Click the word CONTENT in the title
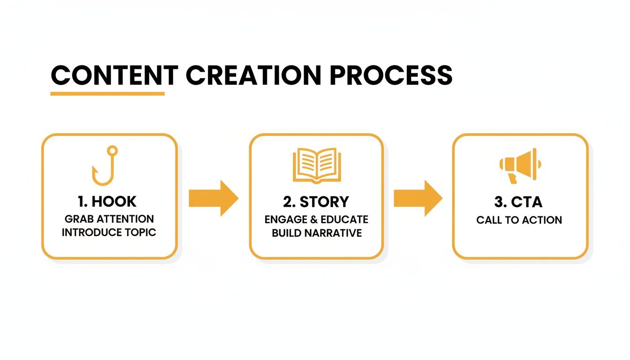114,75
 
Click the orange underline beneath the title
107,94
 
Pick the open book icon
316,165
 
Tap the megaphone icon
520,165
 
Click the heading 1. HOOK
107,202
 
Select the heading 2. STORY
316,202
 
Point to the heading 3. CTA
519,202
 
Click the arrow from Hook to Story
213,199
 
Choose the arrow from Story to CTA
418,199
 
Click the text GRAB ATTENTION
109,219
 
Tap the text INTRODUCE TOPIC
109,232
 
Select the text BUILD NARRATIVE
317,233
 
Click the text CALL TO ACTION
519,220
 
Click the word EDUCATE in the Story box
345,219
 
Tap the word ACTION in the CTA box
544,220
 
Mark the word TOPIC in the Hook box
140,232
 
